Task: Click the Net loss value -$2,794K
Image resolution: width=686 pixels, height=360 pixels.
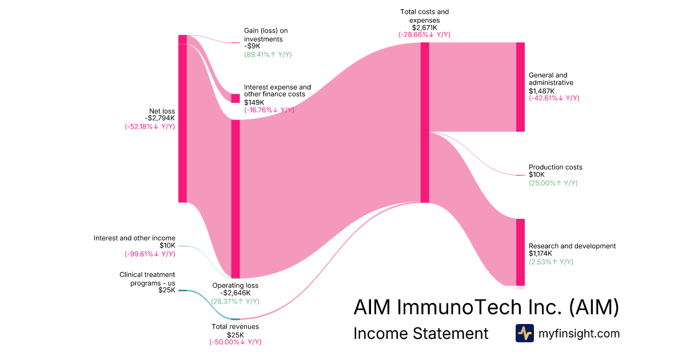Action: coord(159,119)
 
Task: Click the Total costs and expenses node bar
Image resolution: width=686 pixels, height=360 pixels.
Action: coord(425,122)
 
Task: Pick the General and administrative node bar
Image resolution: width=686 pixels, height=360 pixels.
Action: coord(520,87)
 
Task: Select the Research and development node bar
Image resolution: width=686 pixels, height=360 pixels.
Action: coord(520,251)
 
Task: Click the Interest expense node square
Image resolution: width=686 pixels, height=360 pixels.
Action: coord(235,98)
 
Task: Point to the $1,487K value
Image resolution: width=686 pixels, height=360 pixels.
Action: coord(541,90)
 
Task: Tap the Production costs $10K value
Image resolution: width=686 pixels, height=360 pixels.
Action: coord(537,175)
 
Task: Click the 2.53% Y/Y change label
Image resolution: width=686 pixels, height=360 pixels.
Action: coord(551,262)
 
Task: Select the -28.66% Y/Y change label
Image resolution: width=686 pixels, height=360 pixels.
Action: coord(424,34)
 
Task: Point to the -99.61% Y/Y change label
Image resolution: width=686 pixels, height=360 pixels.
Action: coord(150,254)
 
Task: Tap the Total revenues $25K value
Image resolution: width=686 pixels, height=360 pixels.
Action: coord(236,334)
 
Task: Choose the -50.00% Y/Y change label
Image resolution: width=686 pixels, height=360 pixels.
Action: coord(235,342)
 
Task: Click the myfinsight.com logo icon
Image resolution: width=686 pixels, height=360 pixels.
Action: coord(524,333)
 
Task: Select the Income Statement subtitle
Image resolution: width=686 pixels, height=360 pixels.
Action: coord(421,333)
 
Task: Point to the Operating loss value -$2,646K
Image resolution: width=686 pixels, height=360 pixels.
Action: coord(236,293)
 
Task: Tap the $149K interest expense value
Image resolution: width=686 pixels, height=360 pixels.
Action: coord(254,102)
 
